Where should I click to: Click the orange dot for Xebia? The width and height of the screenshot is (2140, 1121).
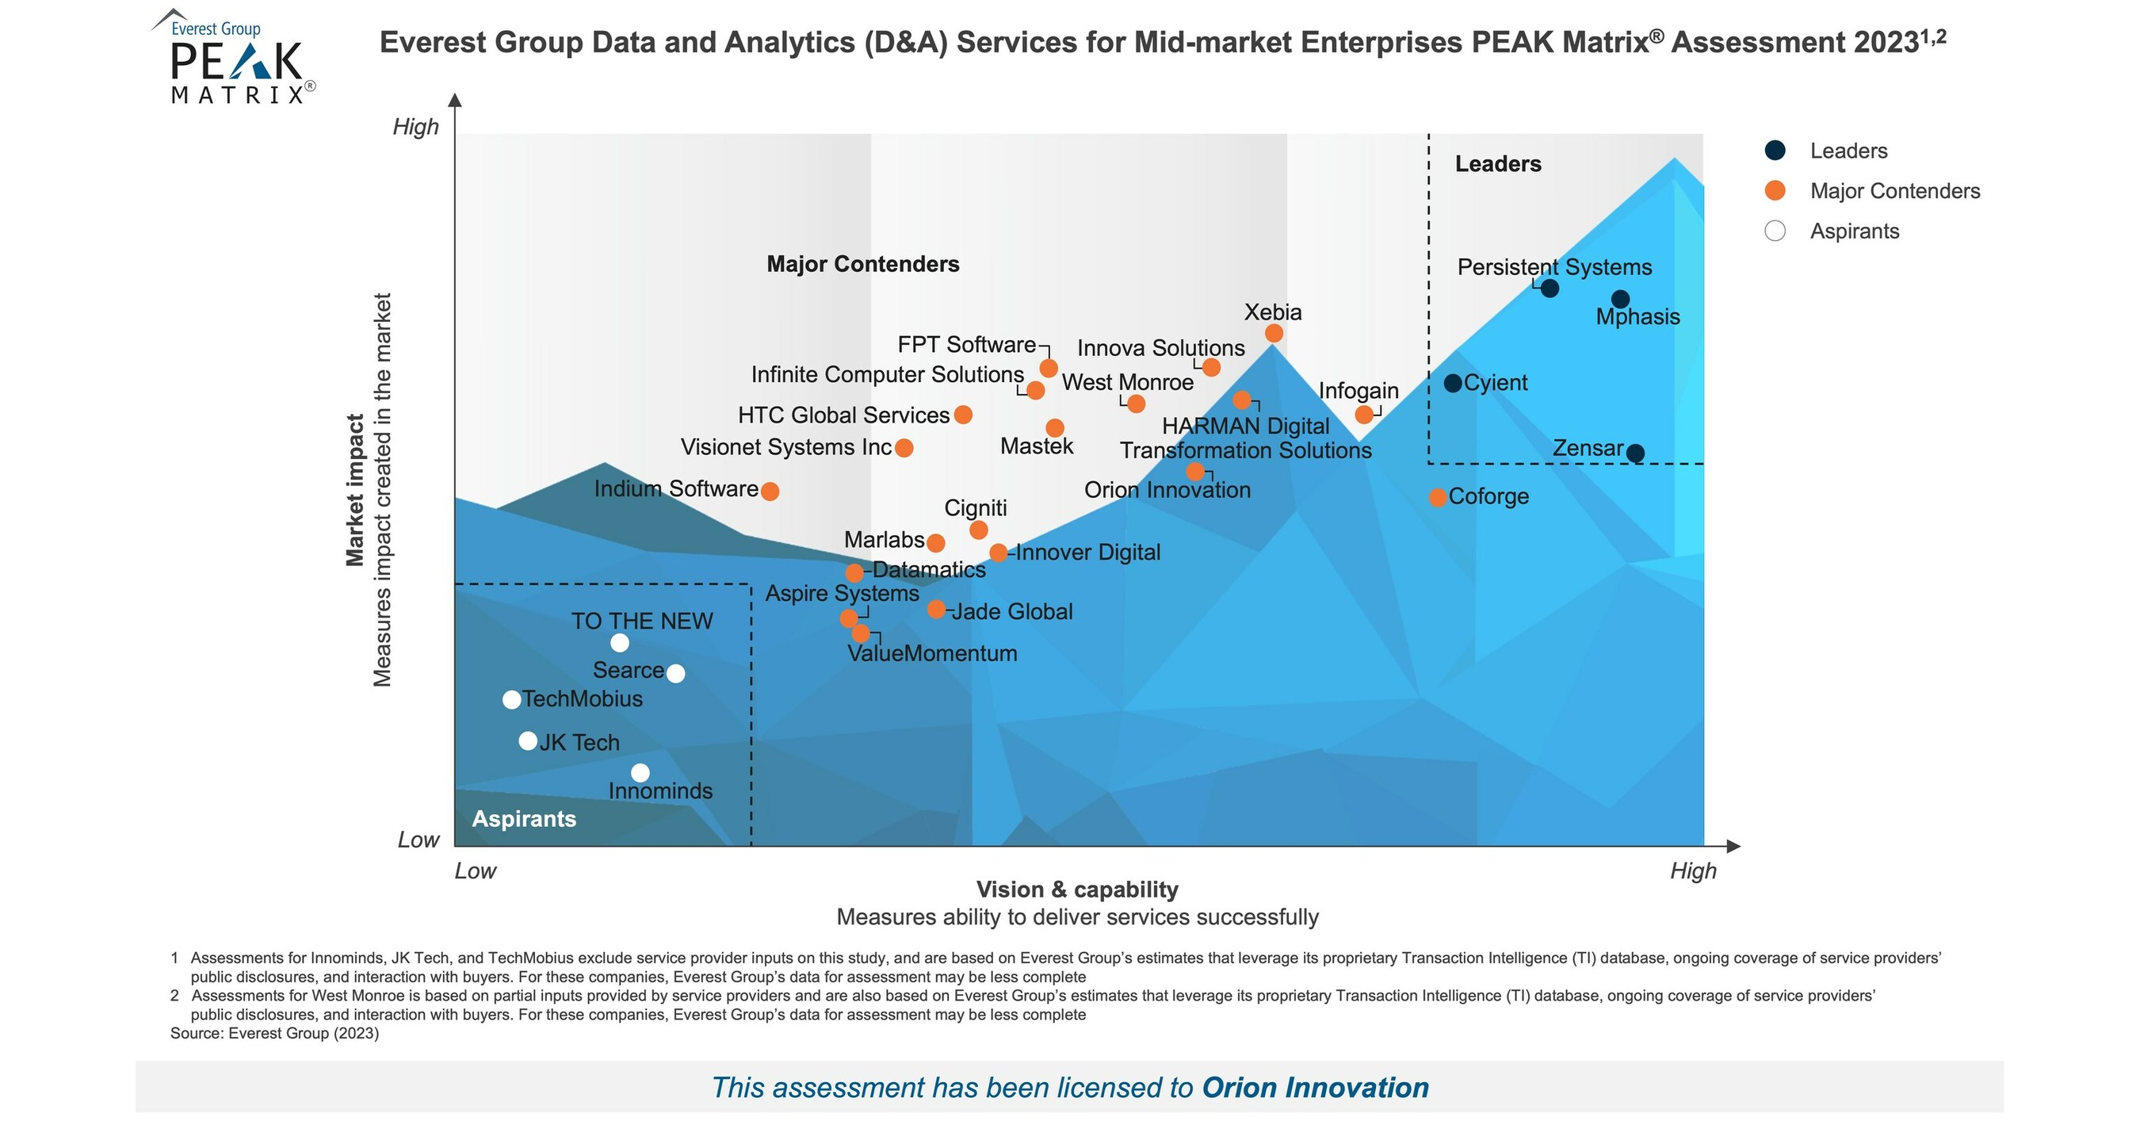pos(1274,333)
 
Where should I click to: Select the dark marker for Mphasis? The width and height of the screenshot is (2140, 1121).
pos(1620,299)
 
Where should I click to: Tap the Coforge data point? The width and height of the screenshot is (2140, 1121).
pos(1437,498)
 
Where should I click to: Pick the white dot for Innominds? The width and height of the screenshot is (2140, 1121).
pos(640,774)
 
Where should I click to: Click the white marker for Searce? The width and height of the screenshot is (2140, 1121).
pos(675,673)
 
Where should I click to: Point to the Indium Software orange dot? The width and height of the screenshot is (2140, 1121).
pos(770,491)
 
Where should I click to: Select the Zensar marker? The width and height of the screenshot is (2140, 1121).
pos(1635,453)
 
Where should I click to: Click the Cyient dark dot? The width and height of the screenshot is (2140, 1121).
pos(1452,383)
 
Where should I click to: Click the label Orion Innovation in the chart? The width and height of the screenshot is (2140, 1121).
pos(1167,489)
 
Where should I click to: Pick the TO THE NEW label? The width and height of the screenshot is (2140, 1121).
pos(641,621)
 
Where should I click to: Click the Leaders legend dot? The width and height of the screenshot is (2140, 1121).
pos(1775,151)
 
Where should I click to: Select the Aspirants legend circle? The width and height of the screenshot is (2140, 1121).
pos(1775,231)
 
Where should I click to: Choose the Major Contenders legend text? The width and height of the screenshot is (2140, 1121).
pos(1894,191)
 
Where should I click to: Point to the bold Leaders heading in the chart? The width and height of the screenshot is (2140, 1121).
pos(1498,163)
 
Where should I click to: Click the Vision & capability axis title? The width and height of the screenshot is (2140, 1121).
pos(1076,890)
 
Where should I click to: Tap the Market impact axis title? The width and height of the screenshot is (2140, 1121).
pos(355,490)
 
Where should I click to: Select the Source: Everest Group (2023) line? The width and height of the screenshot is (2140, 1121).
pos(274,1033)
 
